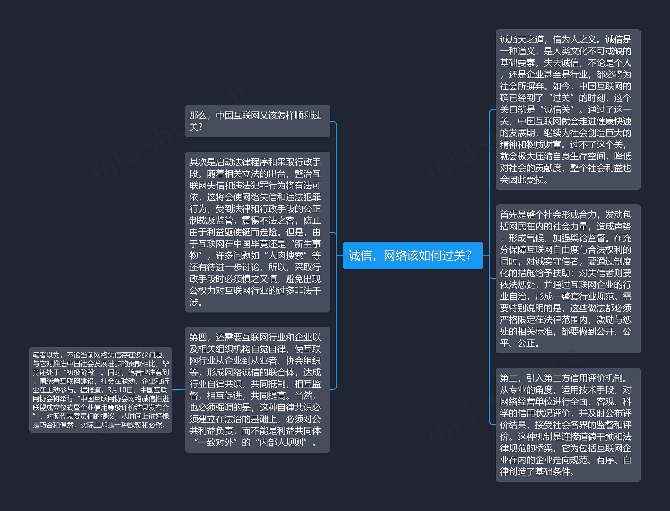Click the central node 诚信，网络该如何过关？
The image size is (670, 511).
point(412,255)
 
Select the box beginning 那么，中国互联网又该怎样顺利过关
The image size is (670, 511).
point(257,121)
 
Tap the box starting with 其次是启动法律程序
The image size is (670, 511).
point(257,232)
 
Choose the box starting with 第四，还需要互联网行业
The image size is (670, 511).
point(257,389)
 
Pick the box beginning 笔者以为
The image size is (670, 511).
point(100,390)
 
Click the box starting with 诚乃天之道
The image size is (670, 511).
point(568,109)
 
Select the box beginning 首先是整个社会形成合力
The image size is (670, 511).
point(568,279)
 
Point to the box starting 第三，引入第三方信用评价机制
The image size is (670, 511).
point(568,425)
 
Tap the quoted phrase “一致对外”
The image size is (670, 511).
point(215,442)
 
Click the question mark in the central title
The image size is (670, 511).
point(468,255)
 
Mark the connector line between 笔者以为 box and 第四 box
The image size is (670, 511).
point(178,390)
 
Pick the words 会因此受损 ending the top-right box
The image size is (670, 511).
point(522,180)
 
